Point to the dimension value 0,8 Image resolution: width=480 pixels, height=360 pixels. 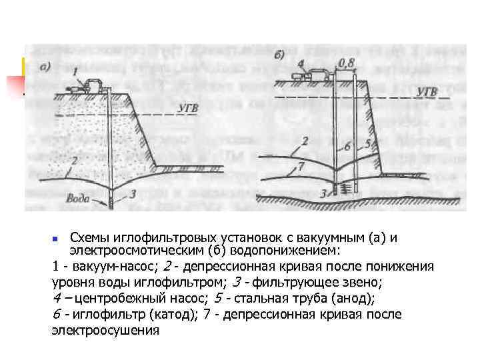(347, 63)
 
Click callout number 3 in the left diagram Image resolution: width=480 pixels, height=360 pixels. (133, 193)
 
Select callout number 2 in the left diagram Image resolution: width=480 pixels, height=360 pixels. (75, 160)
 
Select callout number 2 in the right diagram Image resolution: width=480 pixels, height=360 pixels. (305, 141)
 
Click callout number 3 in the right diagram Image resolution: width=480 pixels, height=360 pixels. (322, 193)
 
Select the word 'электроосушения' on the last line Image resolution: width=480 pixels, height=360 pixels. (105, 329)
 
